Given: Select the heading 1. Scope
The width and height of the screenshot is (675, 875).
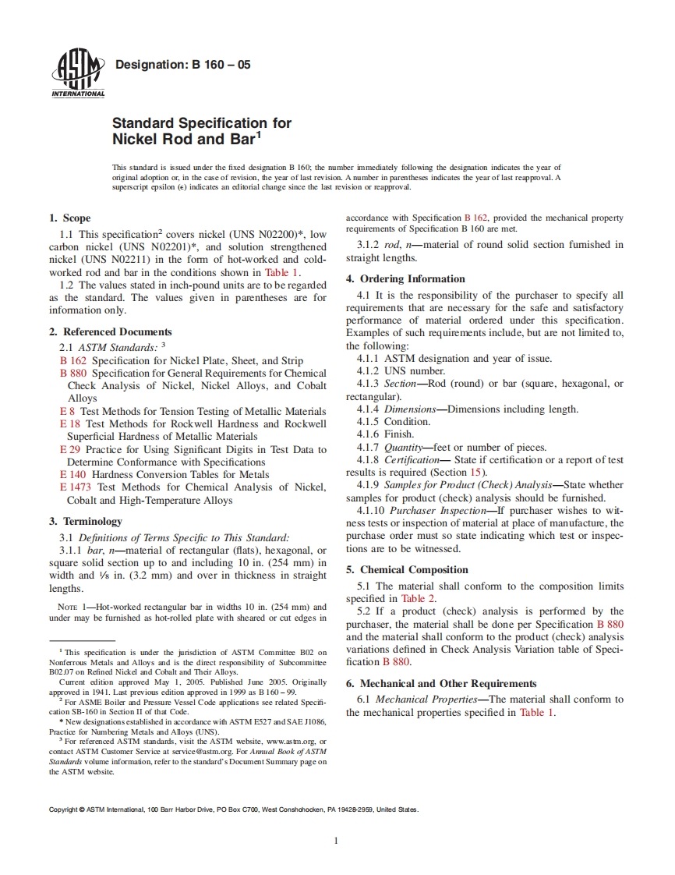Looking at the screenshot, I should pyautogui.click(x=69, y=218).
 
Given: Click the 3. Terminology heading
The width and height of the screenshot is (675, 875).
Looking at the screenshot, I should pyautogui.click(x=85, y=521).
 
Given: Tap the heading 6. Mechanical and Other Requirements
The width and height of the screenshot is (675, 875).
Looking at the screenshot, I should pyautogui.click(x=441, y=683).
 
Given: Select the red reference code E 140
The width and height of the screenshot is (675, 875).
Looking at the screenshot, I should pyautogui.click(x=73, y=474).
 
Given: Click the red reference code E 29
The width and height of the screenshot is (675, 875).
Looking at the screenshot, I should pyautogui.click(x=70, y=449).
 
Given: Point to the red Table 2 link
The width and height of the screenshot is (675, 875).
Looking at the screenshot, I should pyautogui.click(x=419, y=598).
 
